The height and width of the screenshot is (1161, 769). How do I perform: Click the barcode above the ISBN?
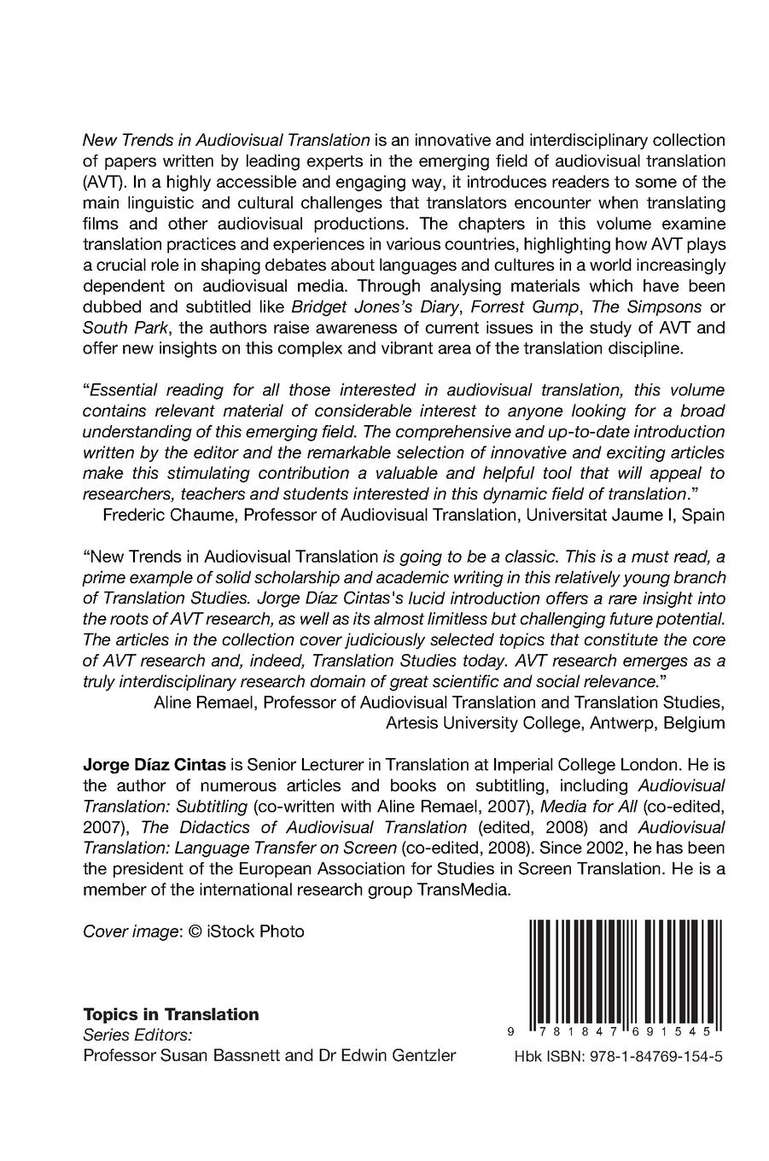click(626, 971)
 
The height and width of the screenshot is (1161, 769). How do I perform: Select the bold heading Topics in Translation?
click(171, 1014)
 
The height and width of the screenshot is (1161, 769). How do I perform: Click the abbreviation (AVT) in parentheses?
click(102, 182)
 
